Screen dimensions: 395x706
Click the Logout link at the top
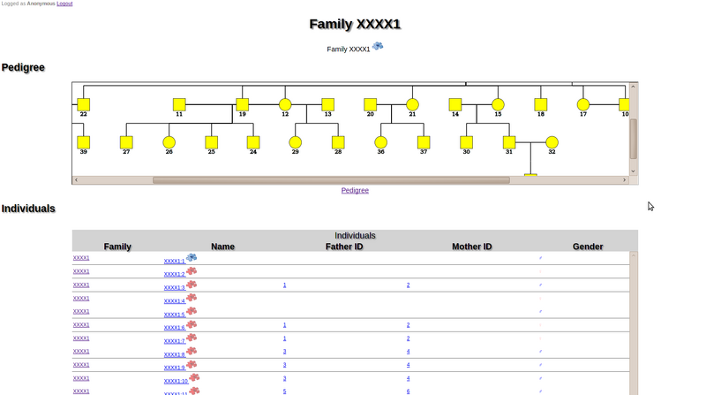tap(64, 4)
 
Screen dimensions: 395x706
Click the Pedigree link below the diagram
tap(355, 190)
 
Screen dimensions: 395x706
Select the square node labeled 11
tap(179, 104)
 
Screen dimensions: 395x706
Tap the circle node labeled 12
tap(285, 104)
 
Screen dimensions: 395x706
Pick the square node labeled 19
tap(242, 104)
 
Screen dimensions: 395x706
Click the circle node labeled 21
tap(412, 104)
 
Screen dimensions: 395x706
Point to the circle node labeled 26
tap(169, 141)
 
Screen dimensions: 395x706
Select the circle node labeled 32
tap(552, 141)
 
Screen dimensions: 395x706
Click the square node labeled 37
tap(424, 141)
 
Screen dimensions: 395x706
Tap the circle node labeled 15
tap(498, 104)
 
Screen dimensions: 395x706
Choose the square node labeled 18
tap(540, 104)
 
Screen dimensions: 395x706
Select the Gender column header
tap(588, 247)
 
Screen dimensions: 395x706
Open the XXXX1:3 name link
tap(174, 287)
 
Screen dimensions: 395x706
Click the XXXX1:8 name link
tap(174, 353)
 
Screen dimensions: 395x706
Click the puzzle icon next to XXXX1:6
tap(191, 325)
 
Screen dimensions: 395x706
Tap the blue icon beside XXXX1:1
tap(191, 258)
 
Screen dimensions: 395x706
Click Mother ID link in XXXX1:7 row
tap(408, 338)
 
